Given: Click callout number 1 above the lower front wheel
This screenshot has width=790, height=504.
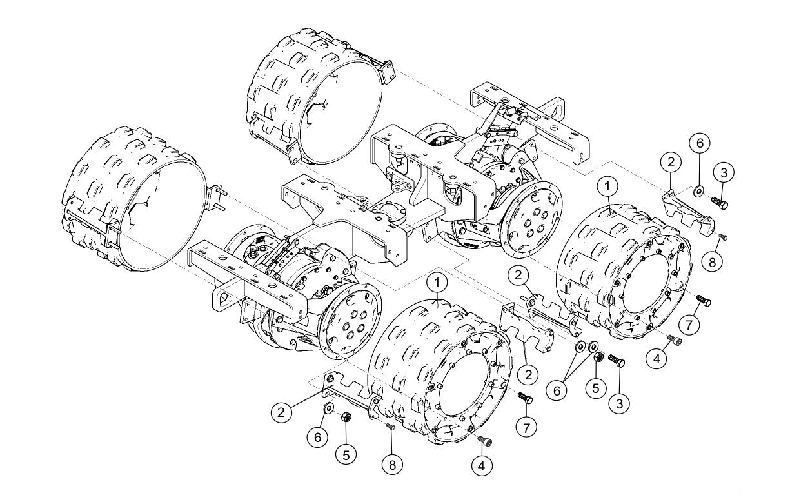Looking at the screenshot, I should click(x=438, y=282).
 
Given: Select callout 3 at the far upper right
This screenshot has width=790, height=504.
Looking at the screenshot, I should click(x=724, y=172).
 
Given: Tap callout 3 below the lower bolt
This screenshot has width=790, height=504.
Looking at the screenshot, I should click(x=618, y=404).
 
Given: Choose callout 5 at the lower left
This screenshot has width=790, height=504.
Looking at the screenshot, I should click(x=346, y=454).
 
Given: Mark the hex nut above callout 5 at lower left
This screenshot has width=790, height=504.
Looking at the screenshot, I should click(x=346, y=418).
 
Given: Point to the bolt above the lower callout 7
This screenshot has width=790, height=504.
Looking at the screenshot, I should click(x=526, y=398).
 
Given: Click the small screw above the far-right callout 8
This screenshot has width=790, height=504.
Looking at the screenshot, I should click(x=722, y=237).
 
